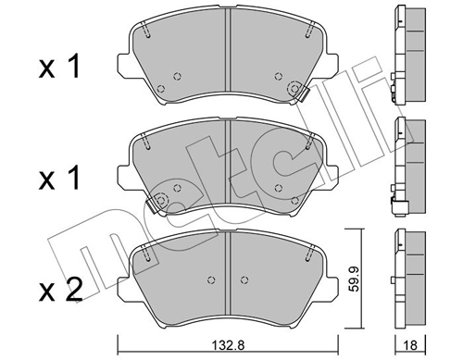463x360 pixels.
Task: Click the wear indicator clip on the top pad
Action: click(298, 90)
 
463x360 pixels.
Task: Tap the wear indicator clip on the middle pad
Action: click(158, 200)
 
